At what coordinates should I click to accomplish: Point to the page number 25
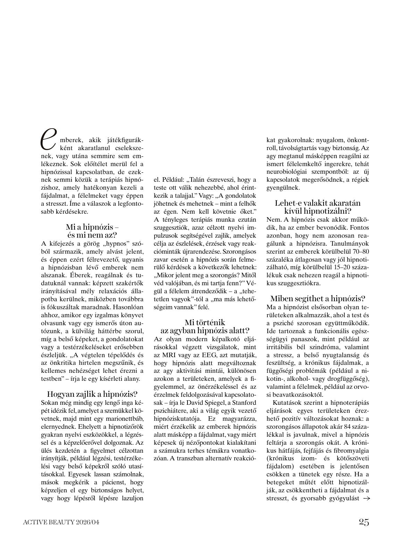(364, 522)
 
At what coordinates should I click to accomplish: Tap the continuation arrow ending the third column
(366, 499)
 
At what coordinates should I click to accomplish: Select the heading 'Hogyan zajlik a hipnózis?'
(92, 394)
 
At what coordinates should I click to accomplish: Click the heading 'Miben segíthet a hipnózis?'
(317, 298)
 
